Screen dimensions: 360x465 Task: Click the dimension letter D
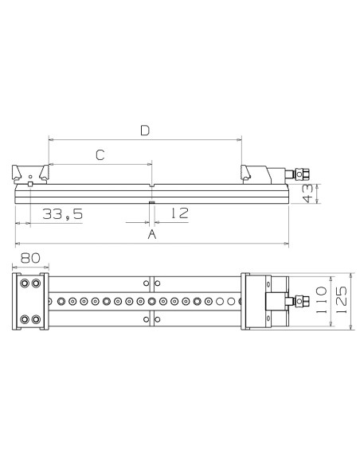(x=145, y=131)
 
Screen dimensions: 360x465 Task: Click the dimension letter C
(x=100, y=155)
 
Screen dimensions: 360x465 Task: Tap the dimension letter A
(x=152, y=234)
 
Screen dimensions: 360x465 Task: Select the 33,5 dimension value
(x=63, y=214)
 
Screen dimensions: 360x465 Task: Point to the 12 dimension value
(x=180, y=213)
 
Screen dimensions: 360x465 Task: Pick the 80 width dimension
(x=30, y=258)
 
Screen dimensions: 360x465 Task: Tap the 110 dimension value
(x=321, y=300)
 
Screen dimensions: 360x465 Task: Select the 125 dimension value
(x=342, y=300)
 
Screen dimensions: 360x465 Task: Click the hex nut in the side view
(x=302, y=174)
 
